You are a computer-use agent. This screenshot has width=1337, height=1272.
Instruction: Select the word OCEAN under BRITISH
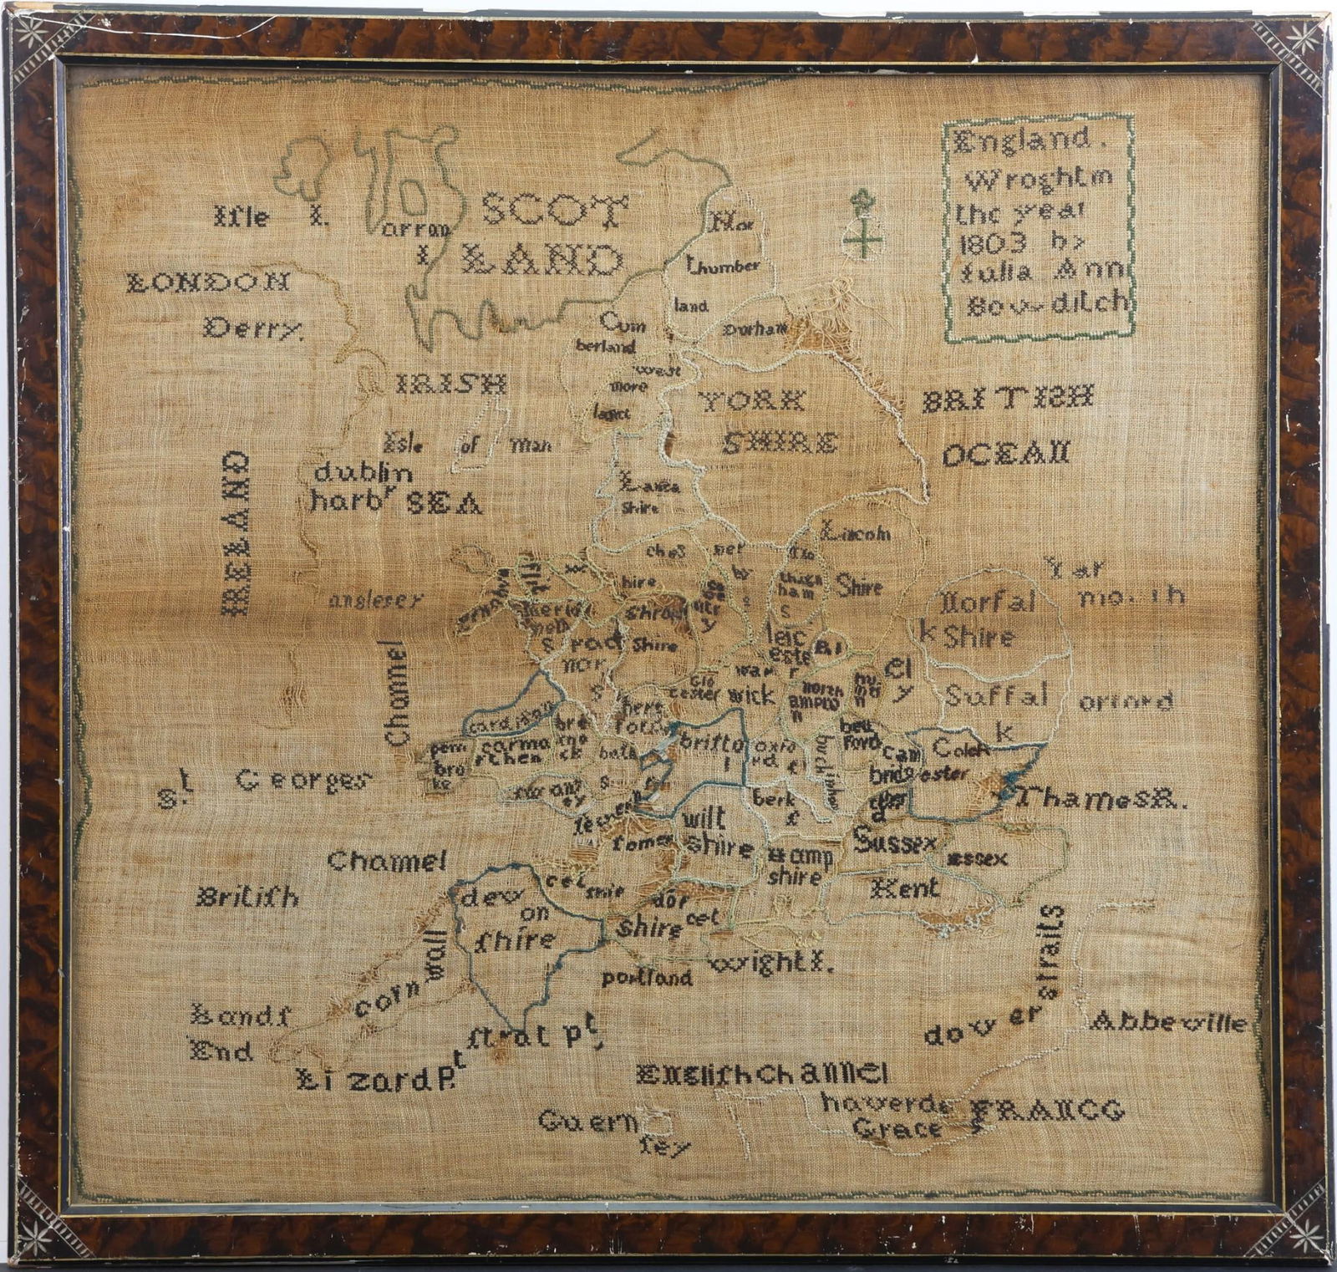[x=1006, y=455]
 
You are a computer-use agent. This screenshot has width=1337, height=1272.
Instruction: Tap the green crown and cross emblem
[x=862, y=223]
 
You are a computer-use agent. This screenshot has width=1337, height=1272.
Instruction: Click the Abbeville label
[x=1168, y=1021]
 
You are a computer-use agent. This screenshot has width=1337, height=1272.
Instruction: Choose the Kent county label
[x=905, y=888]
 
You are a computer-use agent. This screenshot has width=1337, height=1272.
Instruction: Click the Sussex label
[x=895, y=841]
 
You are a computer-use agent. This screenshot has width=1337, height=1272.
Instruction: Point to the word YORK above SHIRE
[x=753, y=401]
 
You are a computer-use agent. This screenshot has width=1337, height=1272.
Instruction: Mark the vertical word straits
[x=1052, y=952]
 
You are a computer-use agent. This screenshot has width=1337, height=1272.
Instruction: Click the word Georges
[x=302, y=781]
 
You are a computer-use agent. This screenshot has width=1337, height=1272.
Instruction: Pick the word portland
[x=646, y=976]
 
